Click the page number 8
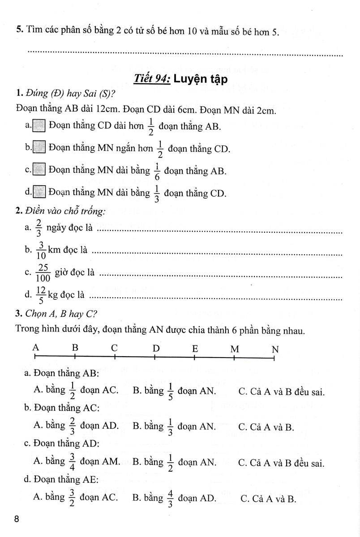[x=17, y=520]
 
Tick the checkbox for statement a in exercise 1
[x=39, y=126]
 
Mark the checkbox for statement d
[x=40, y=192]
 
